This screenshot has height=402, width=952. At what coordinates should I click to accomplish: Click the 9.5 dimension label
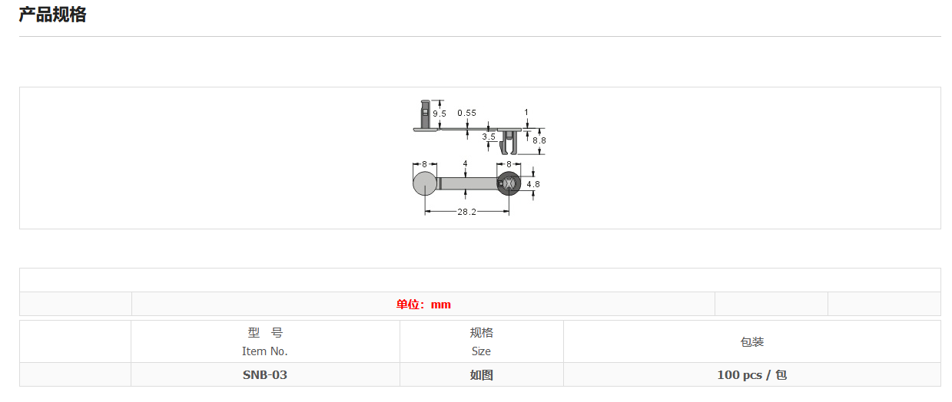pyautogui.click(x=440, y=114)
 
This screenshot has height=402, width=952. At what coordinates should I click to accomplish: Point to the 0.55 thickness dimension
pyautogui.click(x=466, y=113)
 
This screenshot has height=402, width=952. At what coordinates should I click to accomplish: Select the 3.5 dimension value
pyautogui.click(x=489, y=137)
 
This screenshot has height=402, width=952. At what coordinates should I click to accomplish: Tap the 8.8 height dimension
pyautogui.click(x=539, y=140)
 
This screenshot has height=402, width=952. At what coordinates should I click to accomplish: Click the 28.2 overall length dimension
pyautogui.click(x=467, y=212)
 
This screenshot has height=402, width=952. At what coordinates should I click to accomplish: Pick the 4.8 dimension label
pyautogui.click(x=533, y=184)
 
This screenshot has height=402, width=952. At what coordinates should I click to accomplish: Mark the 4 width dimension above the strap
pyautogui.click(x=466, y=163)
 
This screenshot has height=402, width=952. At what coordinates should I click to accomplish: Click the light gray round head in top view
pyautogui.click(x=425, y=183)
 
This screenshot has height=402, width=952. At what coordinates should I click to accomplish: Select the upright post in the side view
pyautogui.click(x=425, y=114)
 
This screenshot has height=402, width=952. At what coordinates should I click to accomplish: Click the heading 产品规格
pyautogui.click(x=52, y=15)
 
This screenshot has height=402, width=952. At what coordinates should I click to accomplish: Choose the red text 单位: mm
pyautogui.click(x=423, y=305)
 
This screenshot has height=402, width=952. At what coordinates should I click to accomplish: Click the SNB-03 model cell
pyautogui.click(x=265, y=375)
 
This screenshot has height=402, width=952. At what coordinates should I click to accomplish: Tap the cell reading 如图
pyautogui.click(x=481, y=375)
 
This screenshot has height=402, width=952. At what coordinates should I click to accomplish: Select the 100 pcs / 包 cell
pyautogui.click(x=751, y=375)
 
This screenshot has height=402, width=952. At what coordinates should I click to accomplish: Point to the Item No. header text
pyautogui.click(x=265, y=351)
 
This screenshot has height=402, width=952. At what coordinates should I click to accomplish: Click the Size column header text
pyautogui.click(x=481, y=351)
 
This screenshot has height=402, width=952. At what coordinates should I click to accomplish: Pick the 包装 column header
pyautogui.click(x=751, y=342)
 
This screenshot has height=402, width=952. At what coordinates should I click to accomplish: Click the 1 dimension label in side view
pyautogui.click(x=526, y=113)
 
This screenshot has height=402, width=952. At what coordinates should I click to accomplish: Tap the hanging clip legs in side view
pyautogui.click(x=509, y=143)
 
